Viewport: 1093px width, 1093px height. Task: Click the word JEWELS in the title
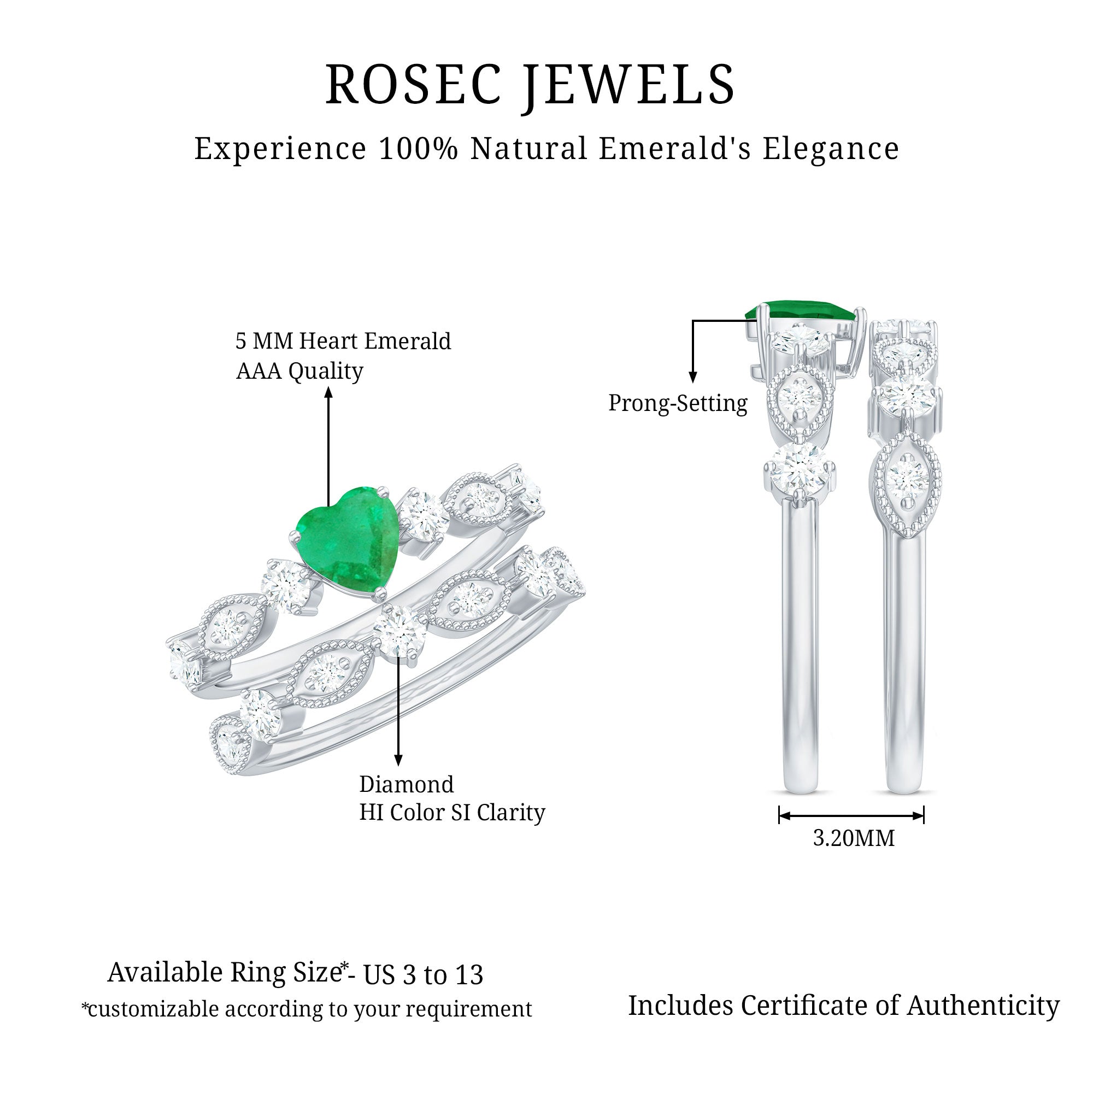point(628,85)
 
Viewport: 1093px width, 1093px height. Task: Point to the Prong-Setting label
point(678,403)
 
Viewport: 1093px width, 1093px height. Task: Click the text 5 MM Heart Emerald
point(343,341)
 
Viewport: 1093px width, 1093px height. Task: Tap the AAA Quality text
point(299,371)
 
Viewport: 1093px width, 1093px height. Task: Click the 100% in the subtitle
point(418,149)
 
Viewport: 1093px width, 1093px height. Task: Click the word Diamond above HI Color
point(406,784)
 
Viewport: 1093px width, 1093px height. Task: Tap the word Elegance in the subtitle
point(831,149)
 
